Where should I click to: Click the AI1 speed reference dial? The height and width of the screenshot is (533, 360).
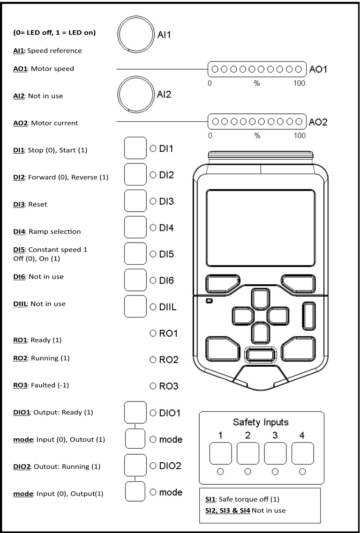pos(135,35)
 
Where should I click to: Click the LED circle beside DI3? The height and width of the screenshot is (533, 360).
pos(152,201)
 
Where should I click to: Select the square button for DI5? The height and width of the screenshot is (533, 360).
pos(135,254)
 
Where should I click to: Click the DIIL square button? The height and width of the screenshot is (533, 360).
pos(135,306)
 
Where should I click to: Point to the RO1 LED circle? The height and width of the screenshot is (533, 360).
pos(152,333)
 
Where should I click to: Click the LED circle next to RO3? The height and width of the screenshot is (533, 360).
pos(152,386)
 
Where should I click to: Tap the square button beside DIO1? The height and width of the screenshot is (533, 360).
pos(135,412)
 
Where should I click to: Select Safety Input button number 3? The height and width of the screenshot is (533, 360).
pos(276,453)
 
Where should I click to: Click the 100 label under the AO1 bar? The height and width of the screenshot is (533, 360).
pos(299,83)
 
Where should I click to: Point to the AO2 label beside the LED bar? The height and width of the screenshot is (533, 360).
pos(318,122)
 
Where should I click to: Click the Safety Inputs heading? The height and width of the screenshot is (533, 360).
pos(261,422)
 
